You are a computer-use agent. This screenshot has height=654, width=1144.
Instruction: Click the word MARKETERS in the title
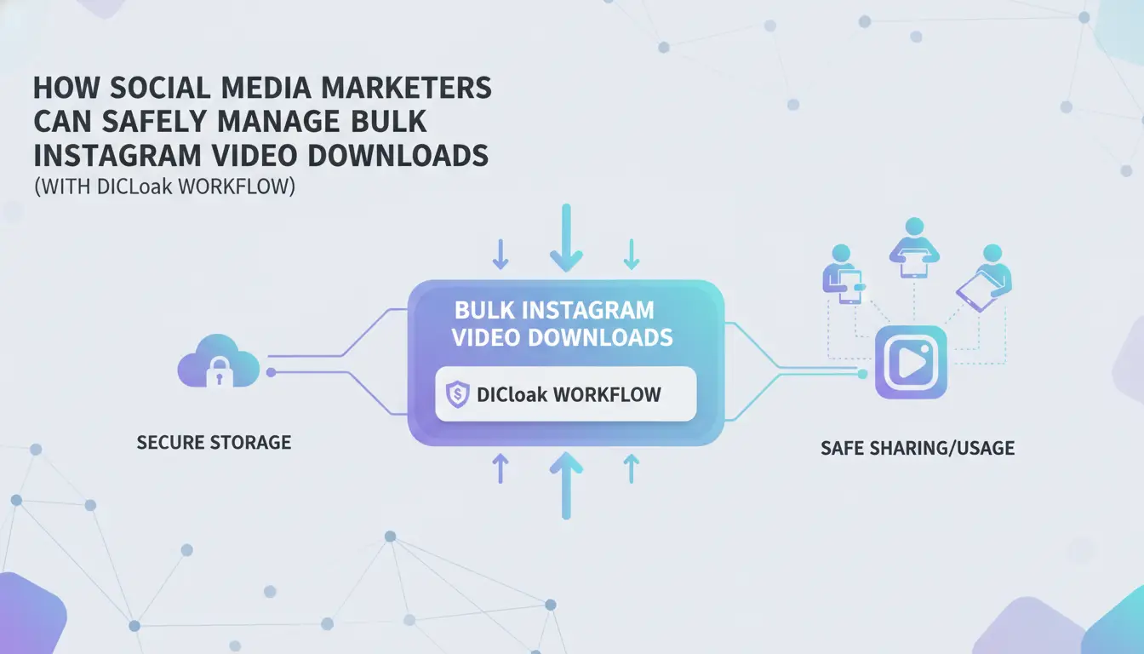point(406,88)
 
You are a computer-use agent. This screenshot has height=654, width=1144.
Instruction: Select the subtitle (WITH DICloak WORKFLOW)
point(164,186)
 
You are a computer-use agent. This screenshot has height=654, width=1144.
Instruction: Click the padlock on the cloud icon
point(219,371)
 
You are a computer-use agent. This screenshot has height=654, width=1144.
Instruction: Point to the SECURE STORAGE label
point(214,443)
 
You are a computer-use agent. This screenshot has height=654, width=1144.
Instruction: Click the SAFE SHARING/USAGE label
point(918,448)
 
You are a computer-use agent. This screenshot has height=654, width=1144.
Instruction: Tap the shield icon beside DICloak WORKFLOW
point(457,394)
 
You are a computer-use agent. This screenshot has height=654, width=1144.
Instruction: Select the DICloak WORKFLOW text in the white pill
point(569,394)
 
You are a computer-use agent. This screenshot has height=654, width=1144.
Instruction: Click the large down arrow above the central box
point(566,238)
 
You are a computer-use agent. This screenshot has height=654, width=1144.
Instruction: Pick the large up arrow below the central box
point(566,485)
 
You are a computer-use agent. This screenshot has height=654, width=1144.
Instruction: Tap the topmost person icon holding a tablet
point(914,248)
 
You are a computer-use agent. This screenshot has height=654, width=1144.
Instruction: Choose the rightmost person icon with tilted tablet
point(985,278)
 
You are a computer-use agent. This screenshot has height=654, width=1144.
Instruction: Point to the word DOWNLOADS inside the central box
point(600,338)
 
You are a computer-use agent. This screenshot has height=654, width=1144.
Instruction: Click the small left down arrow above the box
point(500,255)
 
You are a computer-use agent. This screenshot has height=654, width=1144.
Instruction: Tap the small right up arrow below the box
point(632,469)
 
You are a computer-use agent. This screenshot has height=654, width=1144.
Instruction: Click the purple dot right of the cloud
point(272,372)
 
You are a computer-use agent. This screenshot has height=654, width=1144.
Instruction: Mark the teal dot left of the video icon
point(862,374)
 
